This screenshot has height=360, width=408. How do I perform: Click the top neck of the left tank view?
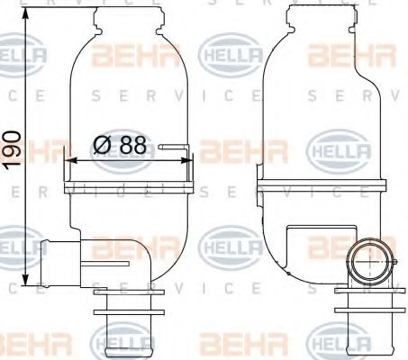[x=128, y=15]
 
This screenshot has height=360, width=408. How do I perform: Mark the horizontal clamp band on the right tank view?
[x=316, y=189]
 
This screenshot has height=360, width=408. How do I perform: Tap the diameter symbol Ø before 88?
[x=103, y=143]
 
